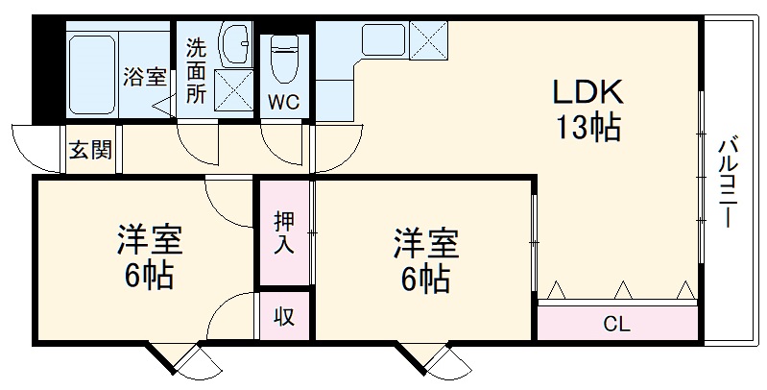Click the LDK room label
tap(587, 94)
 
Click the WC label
tap(282, 101)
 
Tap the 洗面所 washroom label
tap(196, 70)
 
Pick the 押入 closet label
tap(284, 232)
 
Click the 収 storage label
tap(285, 316)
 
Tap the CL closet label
tap(616, 324)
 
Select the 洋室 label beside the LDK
tap(424, 240)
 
